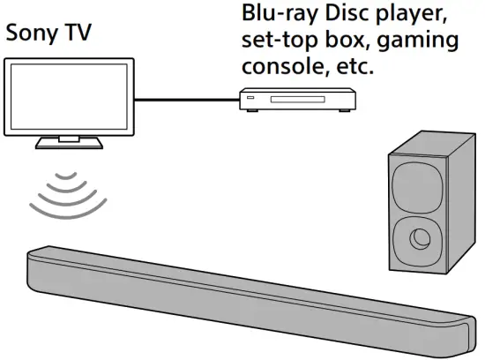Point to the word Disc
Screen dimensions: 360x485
click(x=330, y=15)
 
